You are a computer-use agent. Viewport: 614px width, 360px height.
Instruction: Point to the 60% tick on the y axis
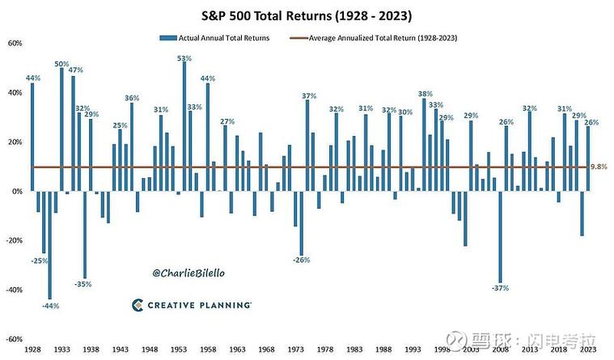click(14, 43)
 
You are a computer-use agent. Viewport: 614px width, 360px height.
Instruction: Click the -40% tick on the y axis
click(14, 290)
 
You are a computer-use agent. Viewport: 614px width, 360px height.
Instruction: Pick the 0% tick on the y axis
click(16, 191)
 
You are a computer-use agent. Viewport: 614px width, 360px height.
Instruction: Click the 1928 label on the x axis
click(32, 349)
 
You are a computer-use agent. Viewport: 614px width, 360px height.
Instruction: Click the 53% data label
click(184, 58)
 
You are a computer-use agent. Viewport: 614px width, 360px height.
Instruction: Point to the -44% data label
click(50, 306)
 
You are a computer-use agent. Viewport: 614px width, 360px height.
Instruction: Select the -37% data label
click(501, 289)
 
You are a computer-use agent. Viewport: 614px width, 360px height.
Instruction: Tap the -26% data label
click(302, 260)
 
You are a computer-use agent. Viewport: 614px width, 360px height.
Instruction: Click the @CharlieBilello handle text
click(188, 273)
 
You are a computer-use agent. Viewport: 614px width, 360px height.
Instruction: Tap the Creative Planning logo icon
click(138, 305)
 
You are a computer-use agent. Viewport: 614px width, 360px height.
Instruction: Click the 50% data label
click(61, 63)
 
